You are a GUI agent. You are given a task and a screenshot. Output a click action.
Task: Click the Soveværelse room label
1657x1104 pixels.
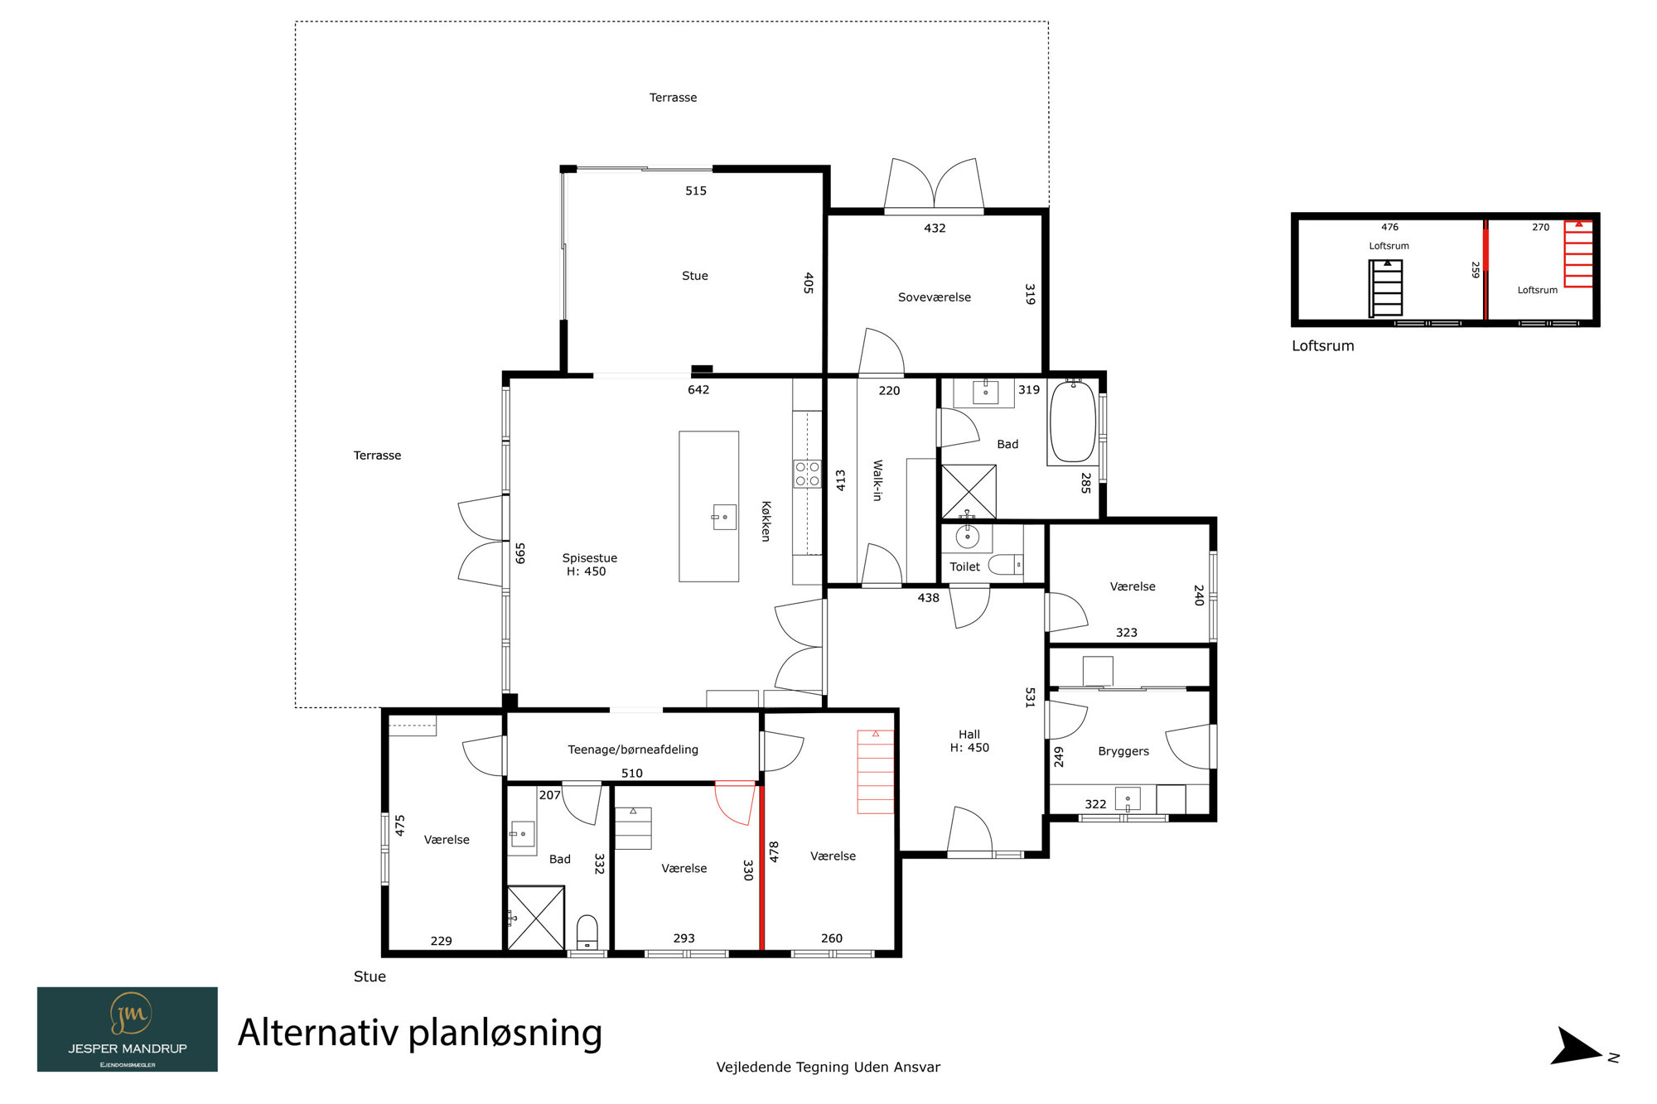tap(934, 297)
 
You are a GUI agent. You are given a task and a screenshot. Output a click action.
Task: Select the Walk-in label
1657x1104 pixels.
tap(877, 480)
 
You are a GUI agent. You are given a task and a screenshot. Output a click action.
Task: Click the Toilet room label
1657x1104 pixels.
tap(964, 566)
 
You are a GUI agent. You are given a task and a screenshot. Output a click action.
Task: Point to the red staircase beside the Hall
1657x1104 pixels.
tap(876, 772)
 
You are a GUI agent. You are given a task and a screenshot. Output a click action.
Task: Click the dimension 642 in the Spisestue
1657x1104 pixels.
tap(698, 389)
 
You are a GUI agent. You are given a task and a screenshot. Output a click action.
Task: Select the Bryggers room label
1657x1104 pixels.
tap(1123, 751)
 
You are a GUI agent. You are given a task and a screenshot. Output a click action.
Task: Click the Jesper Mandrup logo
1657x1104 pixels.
tap(128, 1029)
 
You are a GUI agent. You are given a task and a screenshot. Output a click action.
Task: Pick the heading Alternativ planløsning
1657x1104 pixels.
tap(420, 1033)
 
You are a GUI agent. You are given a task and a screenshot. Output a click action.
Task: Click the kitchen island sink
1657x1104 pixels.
tap(724, 517)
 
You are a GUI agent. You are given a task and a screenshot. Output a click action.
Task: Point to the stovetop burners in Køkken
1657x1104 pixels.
tap(807, 474)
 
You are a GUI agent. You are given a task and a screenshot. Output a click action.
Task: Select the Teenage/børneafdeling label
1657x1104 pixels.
tap(633, 750)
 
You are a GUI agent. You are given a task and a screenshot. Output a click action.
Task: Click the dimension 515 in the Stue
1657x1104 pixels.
tap(696, 190)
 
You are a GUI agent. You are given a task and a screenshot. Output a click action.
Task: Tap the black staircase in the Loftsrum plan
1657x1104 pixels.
tap(1385, 288)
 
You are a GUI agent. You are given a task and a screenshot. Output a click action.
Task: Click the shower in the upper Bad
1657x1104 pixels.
tap(969, 492)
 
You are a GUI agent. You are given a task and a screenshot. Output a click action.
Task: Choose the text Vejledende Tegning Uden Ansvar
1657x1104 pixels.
tap(828, 1068)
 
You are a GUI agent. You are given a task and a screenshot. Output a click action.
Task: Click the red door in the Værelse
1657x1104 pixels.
tap(736, 803)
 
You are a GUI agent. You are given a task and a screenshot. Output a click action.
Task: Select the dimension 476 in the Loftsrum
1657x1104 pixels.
tap(1389, 227)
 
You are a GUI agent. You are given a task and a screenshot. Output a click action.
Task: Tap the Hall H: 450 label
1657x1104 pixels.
tap(969, 741)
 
